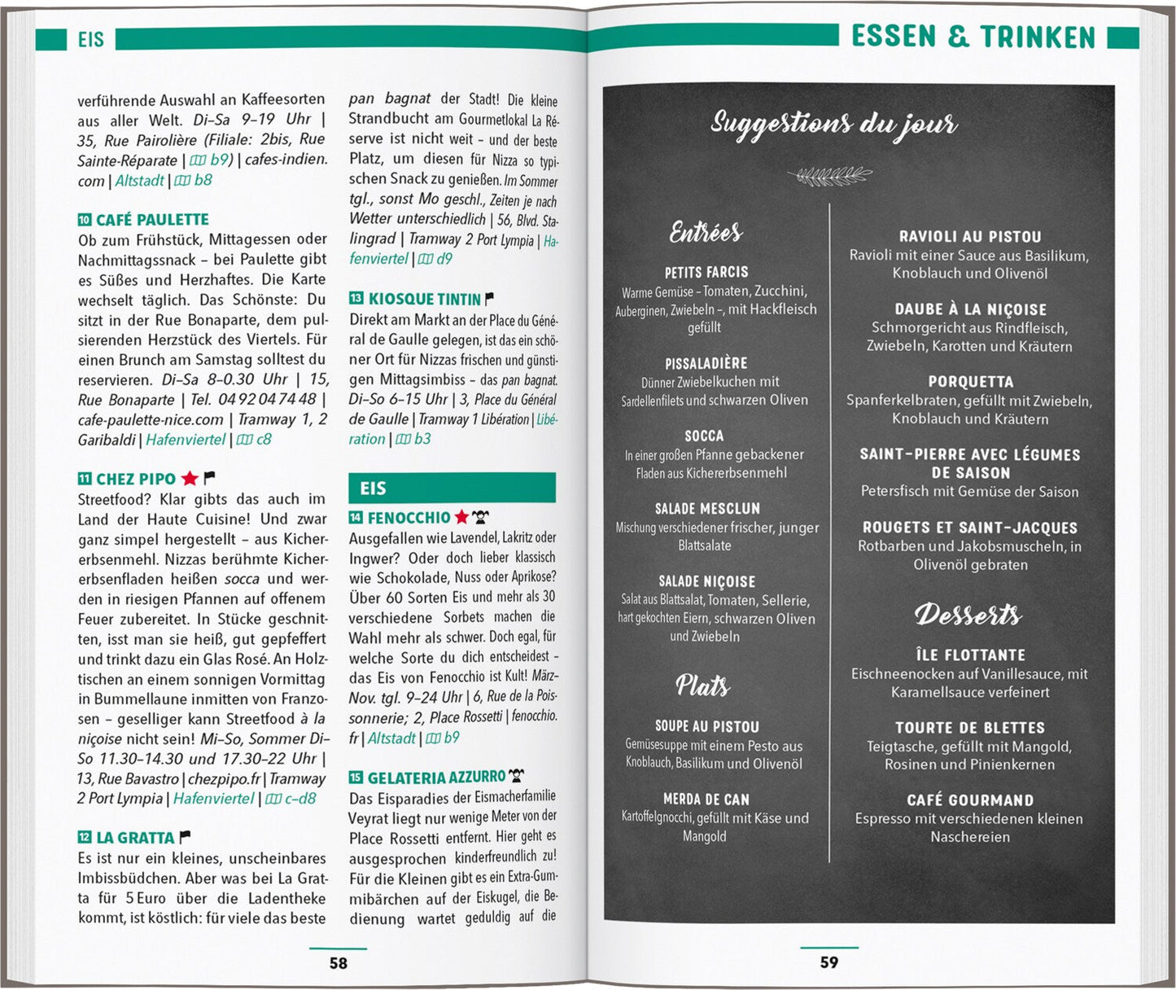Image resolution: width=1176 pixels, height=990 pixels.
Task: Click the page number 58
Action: click(338, 963)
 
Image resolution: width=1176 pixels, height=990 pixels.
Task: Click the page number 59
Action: click(828, 962)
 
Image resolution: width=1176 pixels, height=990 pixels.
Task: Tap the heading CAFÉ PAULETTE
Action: click(152, 220)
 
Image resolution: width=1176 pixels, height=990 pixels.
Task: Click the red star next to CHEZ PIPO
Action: click(190, 479)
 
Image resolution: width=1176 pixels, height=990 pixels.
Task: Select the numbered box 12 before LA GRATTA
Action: click(85, 837)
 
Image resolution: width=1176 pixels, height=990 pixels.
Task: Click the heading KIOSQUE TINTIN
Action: click(424, 299)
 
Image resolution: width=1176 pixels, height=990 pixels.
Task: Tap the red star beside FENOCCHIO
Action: click(461, 517)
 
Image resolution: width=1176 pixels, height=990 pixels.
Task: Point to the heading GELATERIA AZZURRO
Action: click(436, 778)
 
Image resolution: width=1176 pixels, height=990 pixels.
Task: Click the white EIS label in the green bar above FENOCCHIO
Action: click(373, 488)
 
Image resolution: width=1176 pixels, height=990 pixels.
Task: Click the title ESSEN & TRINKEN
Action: click(973, 37)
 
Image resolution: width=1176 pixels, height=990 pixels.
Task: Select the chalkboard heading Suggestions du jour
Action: click(833, 125)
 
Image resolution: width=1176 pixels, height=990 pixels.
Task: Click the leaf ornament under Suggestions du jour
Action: click(829, 175)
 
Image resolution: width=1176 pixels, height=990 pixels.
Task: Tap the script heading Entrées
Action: click(706, 233)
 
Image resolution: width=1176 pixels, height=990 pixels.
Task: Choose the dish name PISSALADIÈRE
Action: click(706, 363)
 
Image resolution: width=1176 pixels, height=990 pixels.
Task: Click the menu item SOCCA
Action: click(704, 436)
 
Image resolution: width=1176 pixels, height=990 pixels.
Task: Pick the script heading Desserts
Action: click(968, 615)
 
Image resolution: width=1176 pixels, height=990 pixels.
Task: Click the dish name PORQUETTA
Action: click(970, 382)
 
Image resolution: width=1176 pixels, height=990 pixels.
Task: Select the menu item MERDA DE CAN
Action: click(706, 799)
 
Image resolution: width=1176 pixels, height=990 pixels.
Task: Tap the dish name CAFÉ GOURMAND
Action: click(970, 800)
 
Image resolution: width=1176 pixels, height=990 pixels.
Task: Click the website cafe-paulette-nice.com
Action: click(151, 420)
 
